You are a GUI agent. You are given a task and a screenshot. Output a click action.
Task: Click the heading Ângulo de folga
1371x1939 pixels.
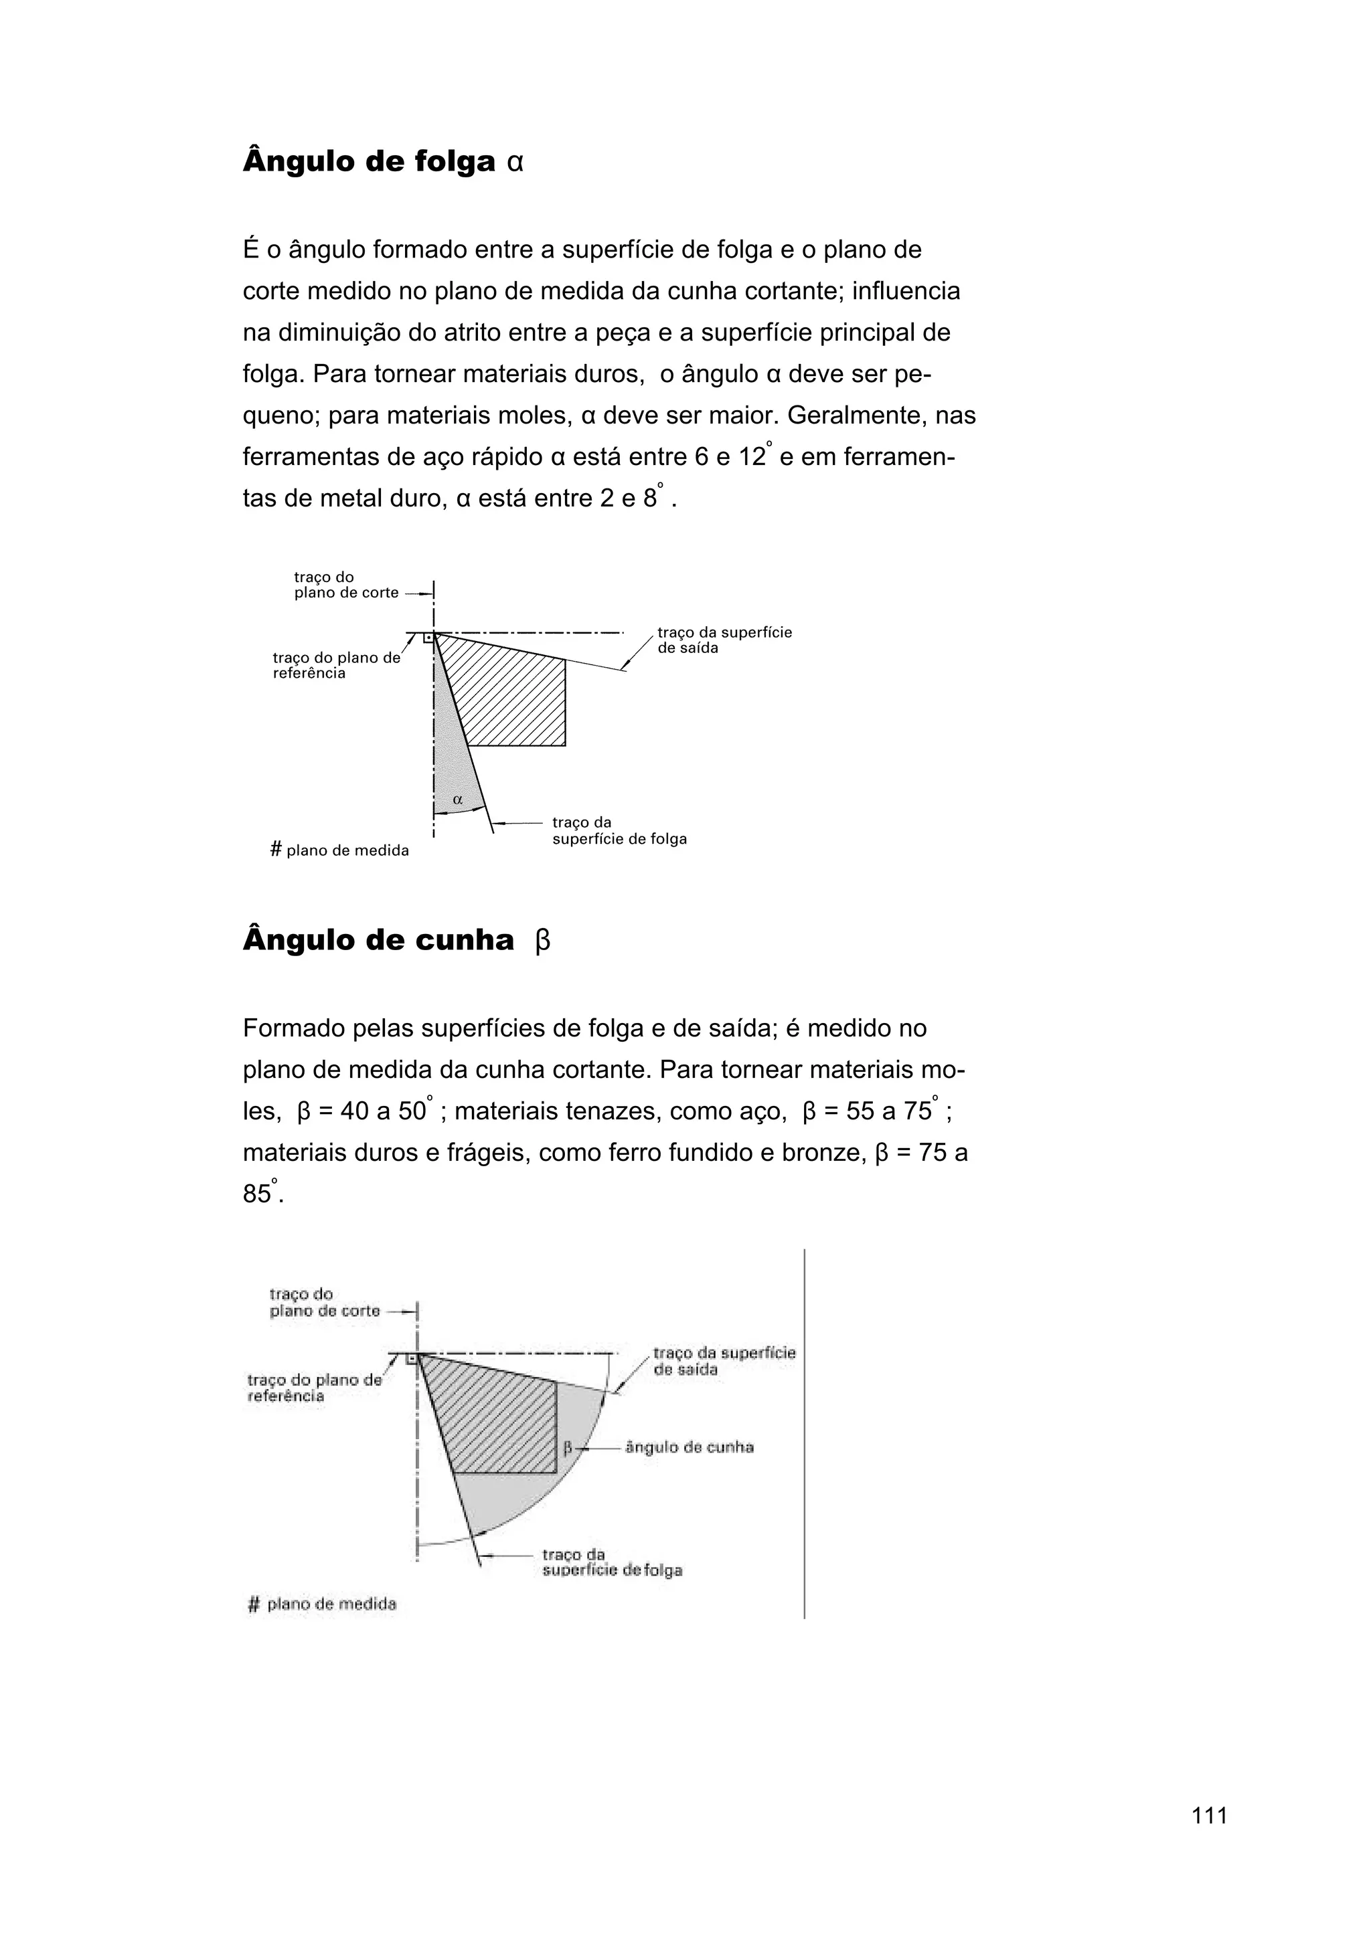[x=369, y=161]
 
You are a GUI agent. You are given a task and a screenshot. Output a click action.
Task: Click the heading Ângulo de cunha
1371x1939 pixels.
[x=378, y=939]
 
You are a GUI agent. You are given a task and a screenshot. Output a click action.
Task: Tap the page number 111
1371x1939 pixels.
[x=1209, y=1839]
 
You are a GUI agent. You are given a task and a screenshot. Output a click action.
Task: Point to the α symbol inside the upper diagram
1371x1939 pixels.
[x=458, y=798]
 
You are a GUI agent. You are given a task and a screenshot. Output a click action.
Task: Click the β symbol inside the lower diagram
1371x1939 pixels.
[x=568, y=1447]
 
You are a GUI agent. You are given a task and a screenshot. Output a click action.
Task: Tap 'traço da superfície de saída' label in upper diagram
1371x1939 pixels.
[x=724, y=640]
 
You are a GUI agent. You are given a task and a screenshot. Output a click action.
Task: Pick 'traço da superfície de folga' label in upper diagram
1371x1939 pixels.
[x=619, y=831]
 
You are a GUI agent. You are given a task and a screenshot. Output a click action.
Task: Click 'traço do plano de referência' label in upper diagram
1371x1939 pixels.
[x=335, y=666]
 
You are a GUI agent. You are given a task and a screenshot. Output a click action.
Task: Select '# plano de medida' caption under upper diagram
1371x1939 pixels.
[x=339, y=850]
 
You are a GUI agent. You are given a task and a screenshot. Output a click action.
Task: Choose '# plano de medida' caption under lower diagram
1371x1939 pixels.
[x=322, y=1604]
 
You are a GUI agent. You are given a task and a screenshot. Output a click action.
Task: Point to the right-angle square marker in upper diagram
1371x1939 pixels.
[x=428, y=638]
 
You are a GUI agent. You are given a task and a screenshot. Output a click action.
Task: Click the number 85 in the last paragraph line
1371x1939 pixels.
[x=256, y=1194]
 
